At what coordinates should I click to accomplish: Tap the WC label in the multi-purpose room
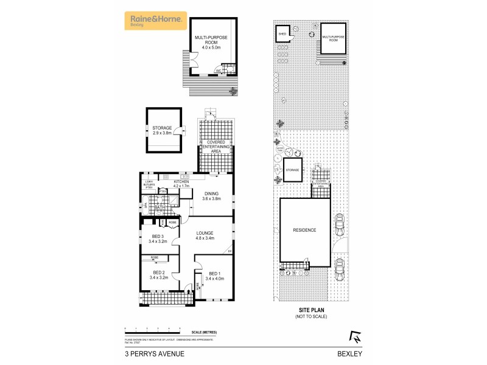(219, 71)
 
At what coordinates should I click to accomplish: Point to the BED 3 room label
(158, 237)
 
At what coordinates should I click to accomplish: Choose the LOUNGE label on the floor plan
(205, 233)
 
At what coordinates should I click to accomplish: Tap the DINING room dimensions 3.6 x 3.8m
(211, 199)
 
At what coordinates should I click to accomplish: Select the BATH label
(159, 208)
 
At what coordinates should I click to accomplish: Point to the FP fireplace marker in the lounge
(229, 251)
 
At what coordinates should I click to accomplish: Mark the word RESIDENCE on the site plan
(305, 230)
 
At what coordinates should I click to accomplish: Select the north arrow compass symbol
(352, 335)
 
